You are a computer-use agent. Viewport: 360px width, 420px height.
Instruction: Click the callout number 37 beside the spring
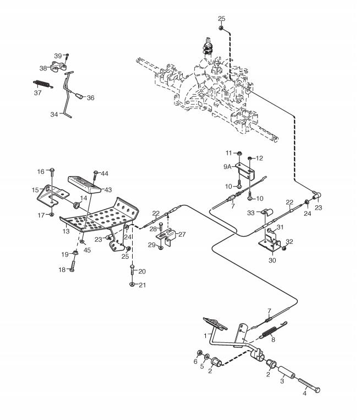click(x=38, y=92)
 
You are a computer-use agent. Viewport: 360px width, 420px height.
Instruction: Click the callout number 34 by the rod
click(x=54, y=114)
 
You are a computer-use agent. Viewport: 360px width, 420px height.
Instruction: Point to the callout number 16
click(x=41, y=171)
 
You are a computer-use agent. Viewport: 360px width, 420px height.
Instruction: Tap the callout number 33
click(x=249, y=212)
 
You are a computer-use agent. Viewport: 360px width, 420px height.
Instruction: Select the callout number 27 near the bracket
click(x=182, y=234)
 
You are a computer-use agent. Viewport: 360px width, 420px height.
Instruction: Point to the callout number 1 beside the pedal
click(x=205, y=335)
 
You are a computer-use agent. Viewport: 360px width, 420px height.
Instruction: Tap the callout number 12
click(x=260, y=159)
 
